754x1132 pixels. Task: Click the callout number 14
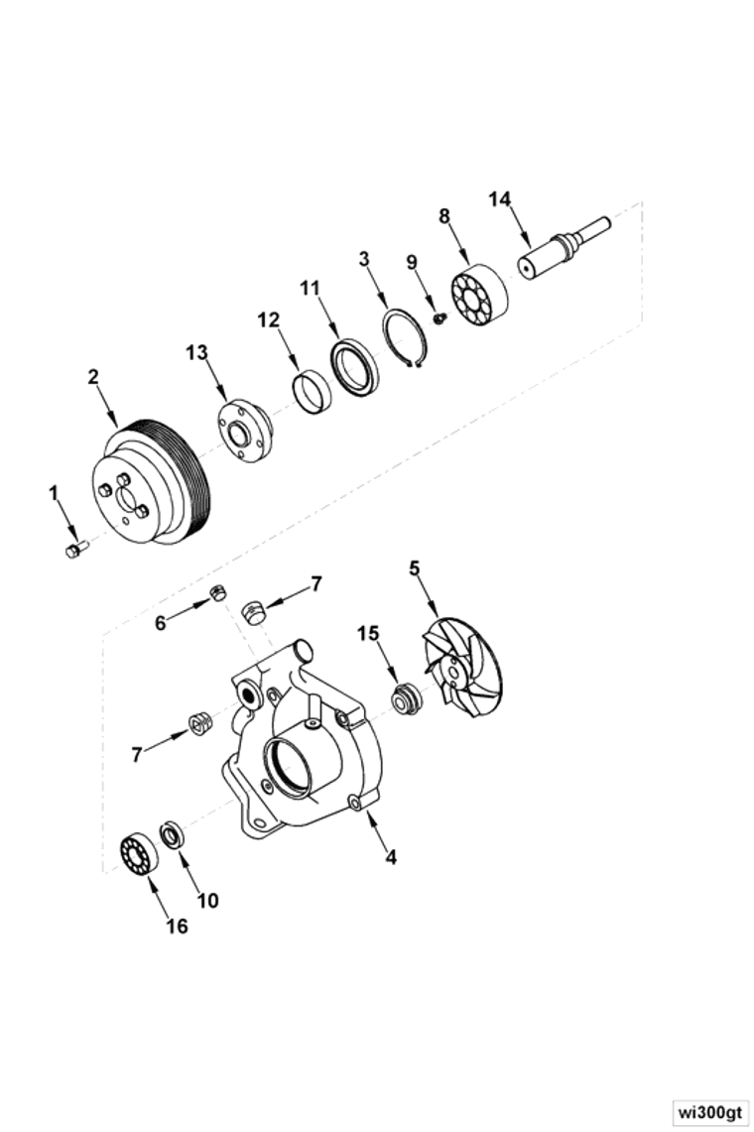499,199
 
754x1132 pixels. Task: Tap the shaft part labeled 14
558,252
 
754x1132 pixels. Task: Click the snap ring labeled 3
406,338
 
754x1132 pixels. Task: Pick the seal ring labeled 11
354,366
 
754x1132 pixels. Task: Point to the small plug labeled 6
217,593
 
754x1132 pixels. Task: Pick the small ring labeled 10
171,834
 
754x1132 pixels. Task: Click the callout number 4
391,856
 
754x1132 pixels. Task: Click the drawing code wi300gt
708,1111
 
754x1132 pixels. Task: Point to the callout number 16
176,926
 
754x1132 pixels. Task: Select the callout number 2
93,377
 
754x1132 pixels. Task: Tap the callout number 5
414,567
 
